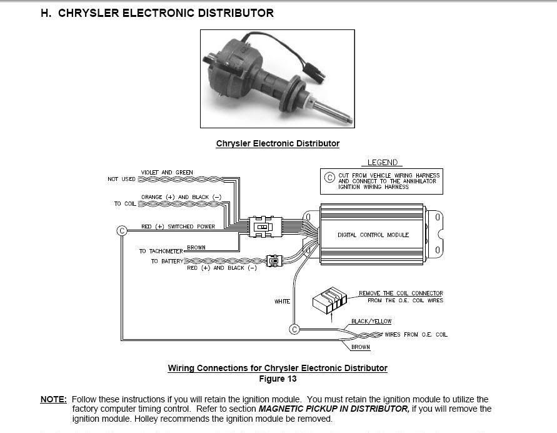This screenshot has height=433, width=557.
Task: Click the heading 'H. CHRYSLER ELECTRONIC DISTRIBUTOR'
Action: click(x=157, y=13)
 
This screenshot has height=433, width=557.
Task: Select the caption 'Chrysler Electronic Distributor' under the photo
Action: click(x=278, y=144)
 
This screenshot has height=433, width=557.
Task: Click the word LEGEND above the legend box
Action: click(x=382, y=163)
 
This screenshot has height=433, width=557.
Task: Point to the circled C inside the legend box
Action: click(x=329, y=178)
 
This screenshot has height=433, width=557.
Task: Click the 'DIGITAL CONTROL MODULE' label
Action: click(x=373, y=235)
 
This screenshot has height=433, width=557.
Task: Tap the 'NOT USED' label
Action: click(x=121, y=179)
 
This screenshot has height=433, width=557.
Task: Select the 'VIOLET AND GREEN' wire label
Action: click(x=167, y=172)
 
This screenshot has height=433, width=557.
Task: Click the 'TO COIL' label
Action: click(x=124, y=204)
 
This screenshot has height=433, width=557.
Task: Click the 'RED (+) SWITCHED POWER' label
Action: click(x=178, y=227)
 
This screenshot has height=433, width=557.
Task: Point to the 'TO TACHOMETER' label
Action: click(x=161, y=251)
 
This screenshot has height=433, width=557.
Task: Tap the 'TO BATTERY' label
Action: click(x=167, y=261)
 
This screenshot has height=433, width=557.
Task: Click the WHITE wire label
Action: click(x=282, y=302)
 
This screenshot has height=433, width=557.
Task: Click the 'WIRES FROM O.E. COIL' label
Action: click(x=416, y=335)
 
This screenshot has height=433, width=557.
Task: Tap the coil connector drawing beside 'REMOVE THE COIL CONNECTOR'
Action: click(x=329, y=299)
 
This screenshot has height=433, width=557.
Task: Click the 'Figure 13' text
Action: click(x=278, y=379)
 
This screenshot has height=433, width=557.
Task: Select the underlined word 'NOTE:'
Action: click(x=53, y=399)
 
